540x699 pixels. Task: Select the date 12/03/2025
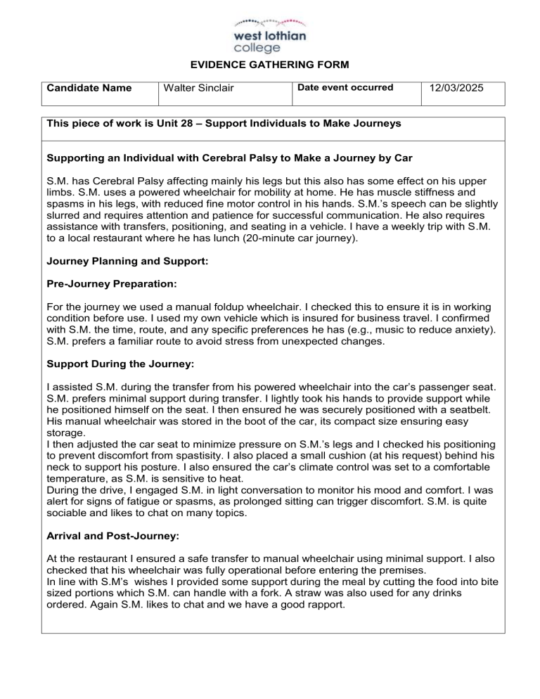click(463, 89)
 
